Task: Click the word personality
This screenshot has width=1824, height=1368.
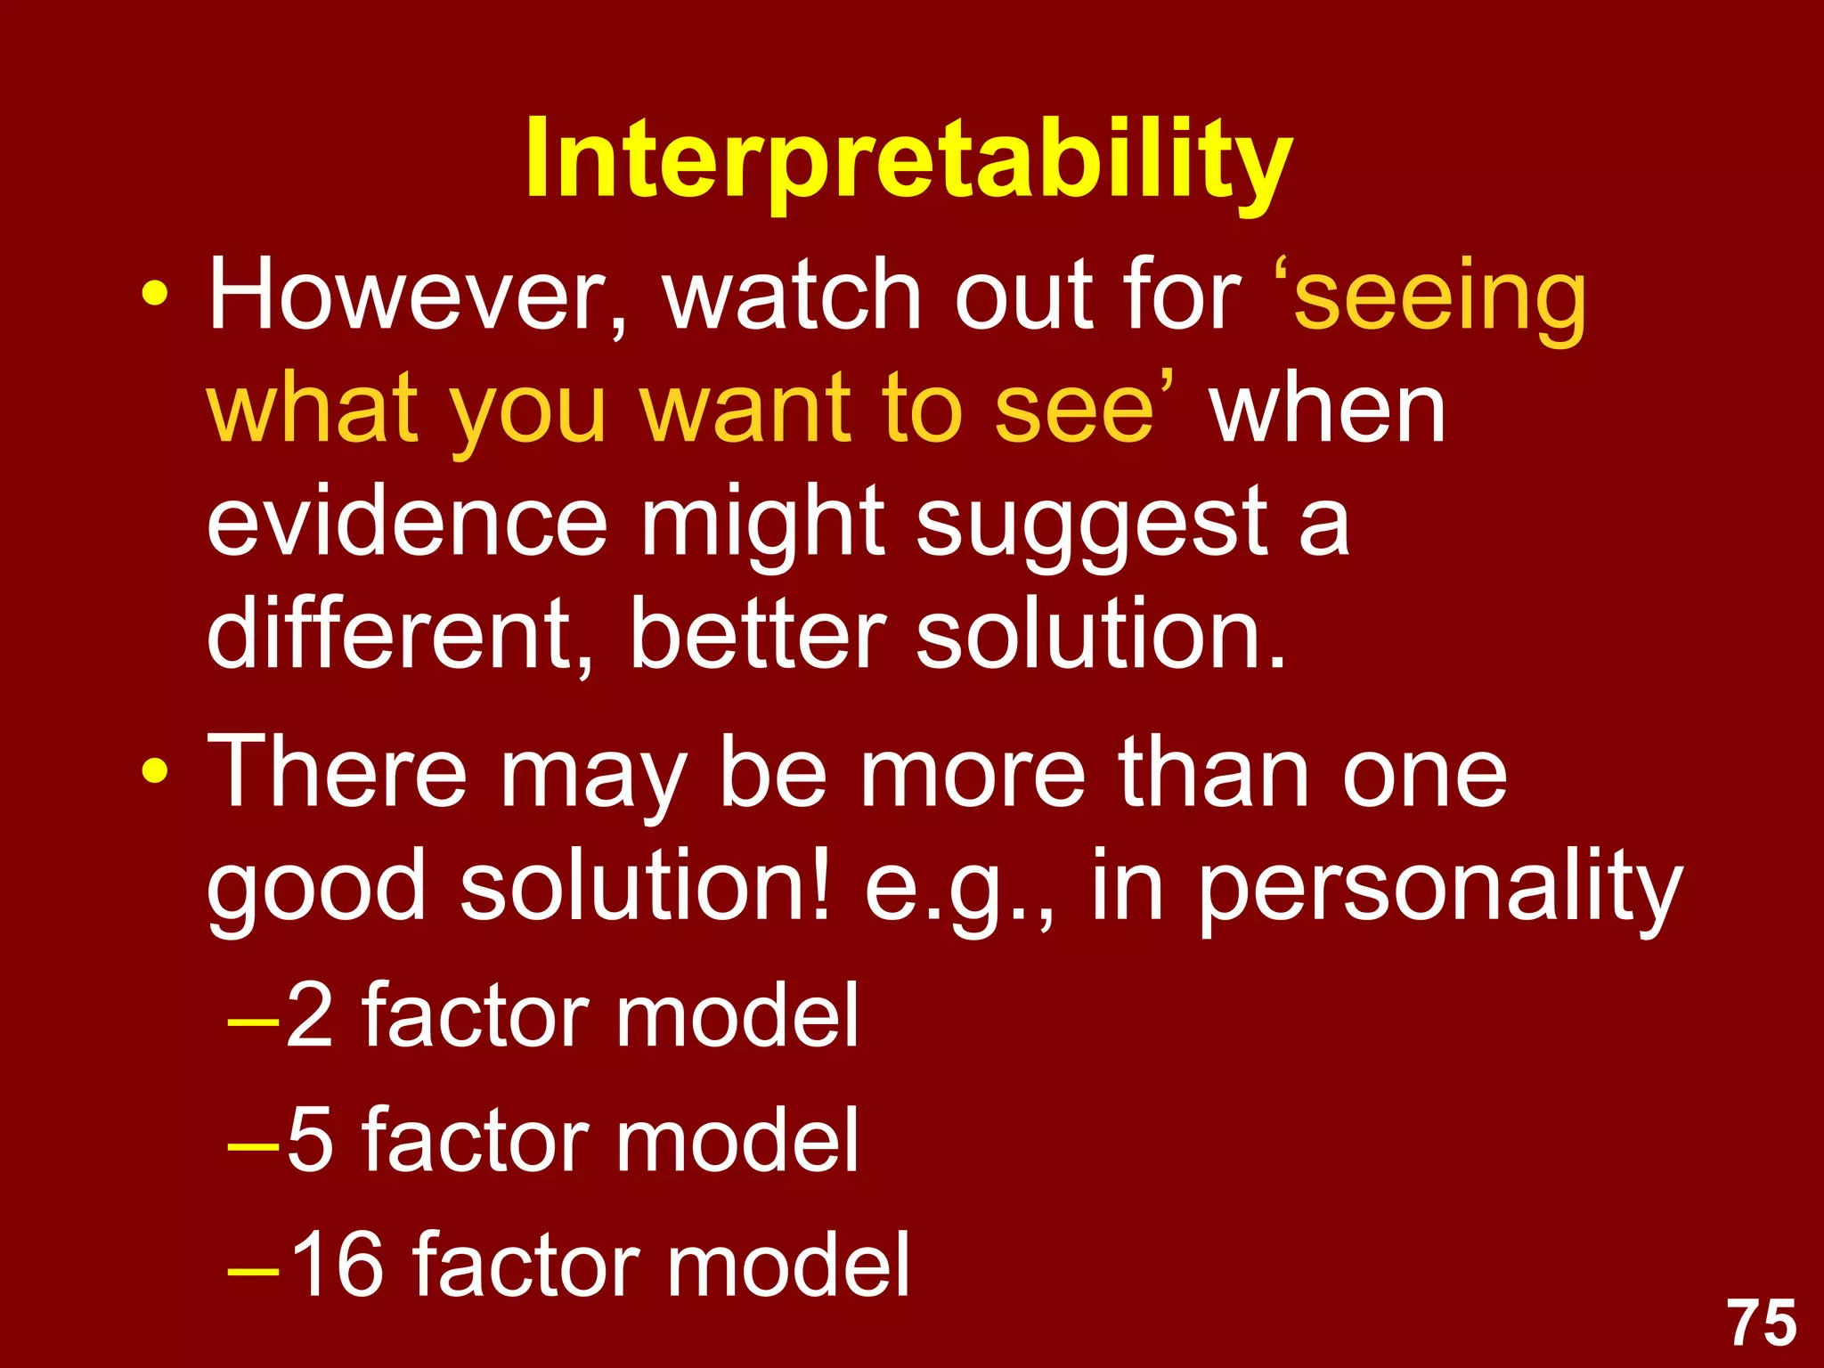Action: (1438, 891)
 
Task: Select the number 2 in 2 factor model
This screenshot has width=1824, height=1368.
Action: (310, 1015)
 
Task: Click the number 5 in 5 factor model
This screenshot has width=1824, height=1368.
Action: (310, 1140)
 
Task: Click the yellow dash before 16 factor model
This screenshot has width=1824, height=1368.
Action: (253, 1270)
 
